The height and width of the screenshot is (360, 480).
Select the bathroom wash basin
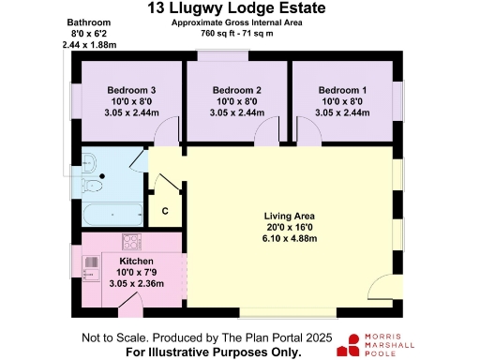(x=90, y=159)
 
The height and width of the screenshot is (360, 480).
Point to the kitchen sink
(x=91, y=275)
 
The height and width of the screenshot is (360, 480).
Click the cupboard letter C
(x=164, y=212)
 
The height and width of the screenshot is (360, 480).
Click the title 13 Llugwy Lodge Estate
(x=240, y=8)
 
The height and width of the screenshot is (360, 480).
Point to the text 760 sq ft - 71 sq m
(x=240, y=32)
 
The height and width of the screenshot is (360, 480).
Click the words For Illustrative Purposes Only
(x=215, y=352)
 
